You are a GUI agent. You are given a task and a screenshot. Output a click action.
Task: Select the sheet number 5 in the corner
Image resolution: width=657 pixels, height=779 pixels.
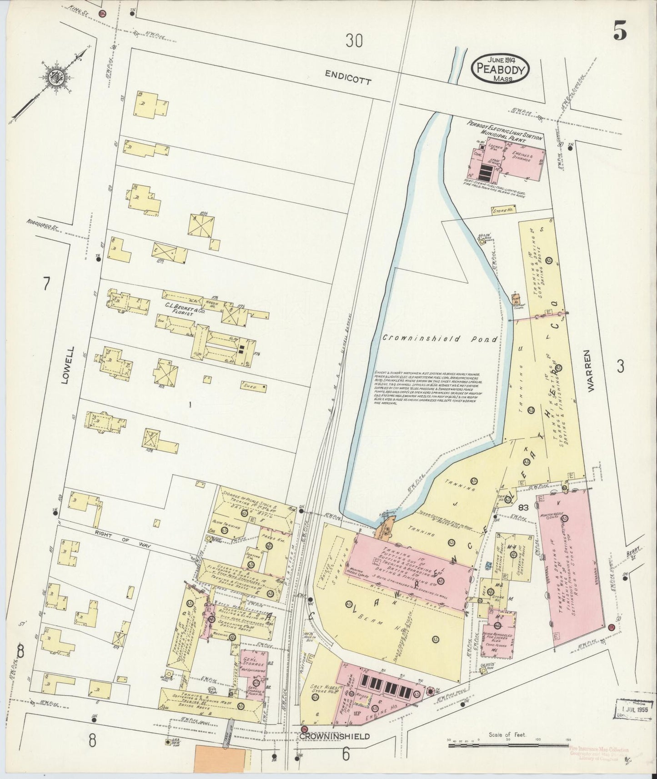click(620, 31)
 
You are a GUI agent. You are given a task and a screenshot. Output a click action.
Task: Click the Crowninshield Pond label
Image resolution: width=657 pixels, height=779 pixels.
click(439, 338)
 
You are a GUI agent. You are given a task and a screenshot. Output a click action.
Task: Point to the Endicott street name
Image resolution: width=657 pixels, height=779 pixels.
click(349, 79)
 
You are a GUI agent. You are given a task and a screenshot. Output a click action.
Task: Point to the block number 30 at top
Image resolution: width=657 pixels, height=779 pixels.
click(354, 41)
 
